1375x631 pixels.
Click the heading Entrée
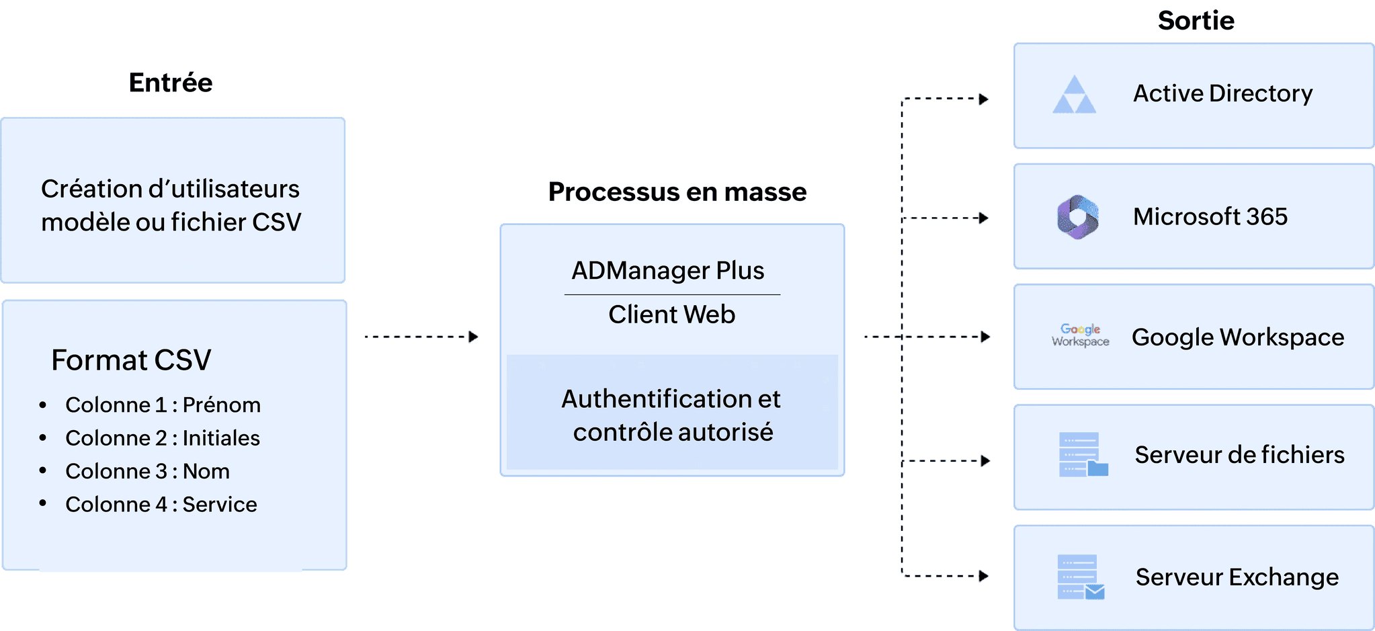(171, 83)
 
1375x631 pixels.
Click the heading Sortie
(1196, 21)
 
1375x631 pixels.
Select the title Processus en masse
(677, 192)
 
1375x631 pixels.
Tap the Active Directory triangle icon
(1074, 95)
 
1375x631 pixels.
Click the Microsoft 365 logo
(1077, 217)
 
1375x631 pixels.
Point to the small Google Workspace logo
(1080, 335)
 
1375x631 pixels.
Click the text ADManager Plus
(667, 271)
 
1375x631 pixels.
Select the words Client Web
(671, 314)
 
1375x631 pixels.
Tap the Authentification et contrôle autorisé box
(672, 415)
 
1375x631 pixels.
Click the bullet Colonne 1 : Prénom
(163, 405)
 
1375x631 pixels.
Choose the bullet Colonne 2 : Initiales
(162, 438)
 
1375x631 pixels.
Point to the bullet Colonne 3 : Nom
(147, 472)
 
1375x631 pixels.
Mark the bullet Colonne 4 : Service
(161, 505)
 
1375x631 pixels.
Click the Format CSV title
(131, 360)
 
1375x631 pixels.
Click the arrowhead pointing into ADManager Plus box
(474, 337)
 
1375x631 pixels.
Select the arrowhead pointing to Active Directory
(984, 99)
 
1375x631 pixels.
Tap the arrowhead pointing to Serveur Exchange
(984, 576)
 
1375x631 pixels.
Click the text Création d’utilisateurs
(170, 189)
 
